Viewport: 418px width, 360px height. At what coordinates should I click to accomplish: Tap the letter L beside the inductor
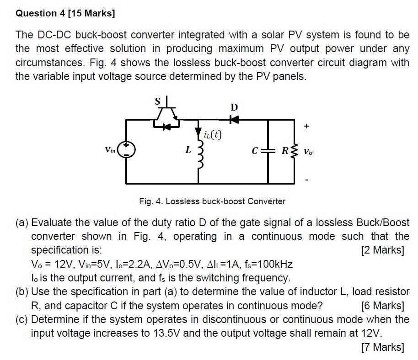188,149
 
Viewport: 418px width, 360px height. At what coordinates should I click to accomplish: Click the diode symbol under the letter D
234,119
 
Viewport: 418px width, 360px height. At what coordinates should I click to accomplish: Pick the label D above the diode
234,108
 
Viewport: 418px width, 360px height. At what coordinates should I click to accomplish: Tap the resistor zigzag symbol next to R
294,150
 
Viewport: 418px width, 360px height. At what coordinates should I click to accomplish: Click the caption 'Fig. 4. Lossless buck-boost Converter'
212,201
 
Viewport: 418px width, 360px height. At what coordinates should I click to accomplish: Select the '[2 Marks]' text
382,250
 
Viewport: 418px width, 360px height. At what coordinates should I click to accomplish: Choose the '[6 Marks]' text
382,306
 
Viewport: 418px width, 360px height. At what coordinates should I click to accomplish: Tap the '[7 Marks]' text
382,347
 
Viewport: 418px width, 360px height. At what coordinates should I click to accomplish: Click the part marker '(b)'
22,292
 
